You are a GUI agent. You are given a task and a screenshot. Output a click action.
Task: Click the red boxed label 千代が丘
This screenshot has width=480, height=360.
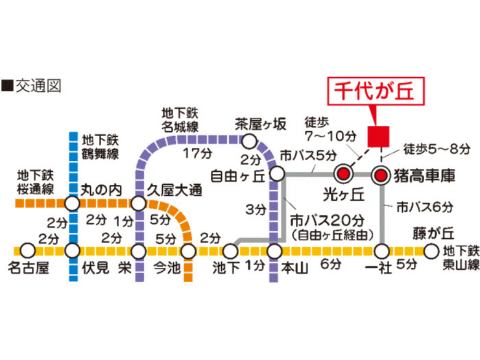click(x=375, y=91)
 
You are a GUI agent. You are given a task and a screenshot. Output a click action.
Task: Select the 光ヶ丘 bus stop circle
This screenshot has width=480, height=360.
click(x=342, y=176)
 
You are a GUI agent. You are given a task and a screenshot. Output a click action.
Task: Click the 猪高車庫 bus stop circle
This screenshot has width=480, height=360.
click(x=381, y=176)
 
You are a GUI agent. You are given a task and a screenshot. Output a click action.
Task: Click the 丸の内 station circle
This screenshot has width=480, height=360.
click(x=73, y=204)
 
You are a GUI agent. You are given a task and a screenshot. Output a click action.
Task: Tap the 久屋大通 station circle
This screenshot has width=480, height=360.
click(x=138, y=204)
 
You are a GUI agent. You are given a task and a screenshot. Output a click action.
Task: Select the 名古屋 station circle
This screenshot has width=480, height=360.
click(x=27, y=251)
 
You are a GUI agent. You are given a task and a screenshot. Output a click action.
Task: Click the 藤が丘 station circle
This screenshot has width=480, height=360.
click(x=431, y=251)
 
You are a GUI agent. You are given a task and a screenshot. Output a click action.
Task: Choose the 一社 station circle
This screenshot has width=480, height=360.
click(x=381, y=251)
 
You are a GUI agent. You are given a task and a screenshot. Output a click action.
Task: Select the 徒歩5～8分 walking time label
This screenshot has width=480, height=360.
click(x=437, y=148)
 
